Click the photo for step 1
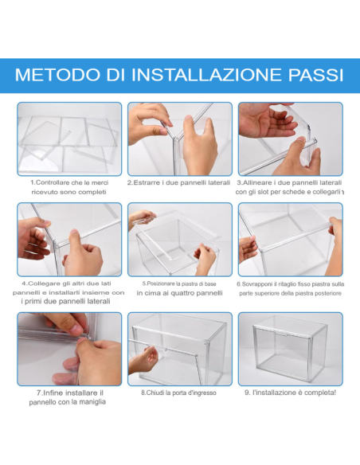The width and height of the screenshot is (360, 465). (x=69, y=139)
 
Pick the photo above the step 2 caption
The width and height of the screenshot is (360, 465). (x=179, y=139)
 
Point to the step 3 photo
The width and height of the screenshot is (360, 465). (x=290, y=139)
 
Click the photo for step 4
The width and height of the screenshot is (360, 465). (x=69, y=239)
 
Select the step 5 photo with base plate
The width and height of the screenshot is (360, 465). (x=179, y=239)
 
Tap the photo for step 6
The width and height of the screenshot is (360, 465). (x=290, y=239)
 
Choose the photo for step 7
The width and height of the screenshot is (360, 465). (x=69, y=349)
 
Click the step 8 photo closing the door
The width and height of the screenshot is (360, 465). (x=179, y=349)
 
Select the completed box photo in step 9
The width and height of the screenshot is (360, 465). (x=290, y=349)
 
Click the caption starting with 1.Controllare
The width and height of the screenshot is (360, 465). (x=69, y=187)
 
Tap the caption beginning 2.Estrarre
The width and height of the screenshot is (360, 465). (x=179, y=182)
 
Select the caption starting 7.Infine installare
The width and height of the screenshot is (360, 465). (x=69, y=397)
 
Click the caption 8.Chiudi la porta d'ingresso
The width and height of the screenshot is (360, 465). (x=179, y=393)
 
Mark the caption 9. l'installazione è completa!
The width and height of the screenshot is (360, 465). (x=290, y=393)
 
